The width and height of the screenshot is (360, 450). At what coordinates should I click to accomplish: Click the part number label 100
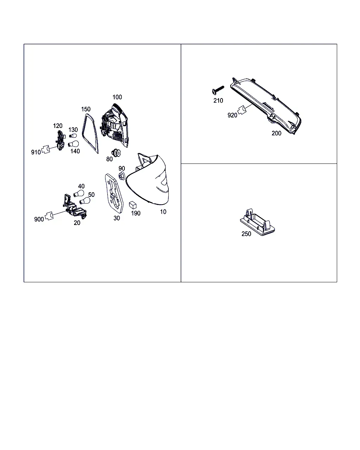click(x=117, y=97)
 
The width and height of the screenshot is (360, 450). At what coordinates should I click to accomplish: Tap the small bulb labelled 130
click(x=73, y=136)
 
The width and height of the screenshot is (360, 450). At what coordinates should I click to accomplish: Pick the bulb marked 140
click(x=73, y=144)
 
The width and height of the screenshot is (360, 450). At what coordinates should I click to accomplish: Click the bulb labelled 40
click(x=79, y=193)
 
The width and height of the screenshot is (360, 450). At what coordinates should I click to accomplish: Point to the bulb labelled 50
click(x=85, y=201)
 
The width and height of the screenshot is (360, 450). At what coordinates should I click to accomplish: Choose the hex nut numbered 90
click(x=122, y=176)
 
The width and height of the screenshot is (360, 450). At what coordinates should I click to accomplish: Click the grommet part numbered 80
click(x=116, y=153)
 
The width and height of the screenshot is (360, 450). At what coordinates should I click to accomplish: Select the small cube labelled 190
click(x=133, y=205)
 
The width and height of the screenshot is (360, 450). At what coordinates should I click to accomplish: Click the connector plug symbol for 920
click(x=242, y=110)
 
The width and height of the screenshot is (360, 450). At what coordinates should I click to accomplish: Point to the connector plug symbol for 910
click(x=46, y=149)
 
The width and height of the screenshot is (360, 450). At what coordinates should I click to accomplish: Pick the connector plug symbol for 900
click(x=49, y=216)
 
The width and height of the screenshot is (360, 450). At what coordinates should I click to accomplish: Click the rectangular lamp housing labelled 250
click(x=257, y=222)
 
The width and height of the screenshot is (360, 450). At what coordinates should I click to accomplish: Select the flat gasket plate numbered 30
click(x=114, y=193)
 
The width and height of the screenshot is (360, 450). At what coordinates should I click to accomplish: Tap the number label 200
click(x=276, y=133)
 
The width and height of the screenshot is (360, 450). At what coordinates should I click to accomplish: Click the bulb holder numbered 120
click(x=60, y=140)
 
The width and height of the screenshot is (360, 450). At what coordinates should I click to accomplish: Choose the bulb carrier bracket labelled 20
click(x=74, y=207)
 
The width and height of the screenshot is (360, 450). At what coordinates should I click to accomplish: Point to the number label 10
click(x=163, y=212)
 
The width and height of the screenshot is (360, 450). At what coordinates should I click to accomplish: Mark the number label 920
click(x=232, y=115)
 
